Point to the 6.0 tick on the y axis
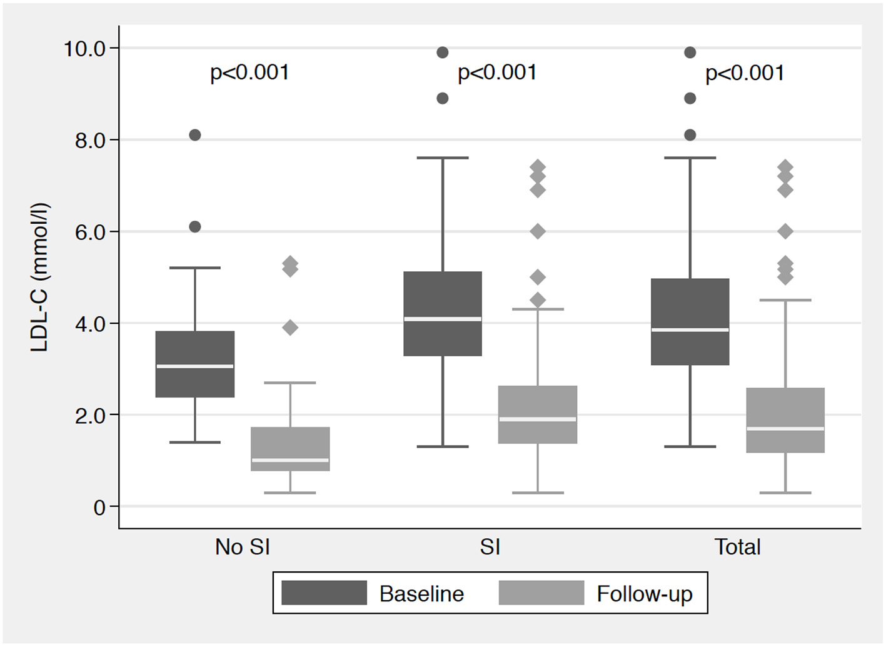pos(90,232)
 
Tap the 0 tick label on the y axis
pos(99,507)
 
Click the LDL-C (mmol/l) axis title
pos(39,278)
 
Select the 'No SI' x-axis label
pos(242,547)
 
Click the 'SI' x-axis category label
pos(490,547)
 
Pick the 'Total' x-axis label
pos(737,547)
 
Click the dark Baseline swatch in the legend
pos(324,593)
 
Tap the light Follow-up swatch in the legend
pos(541,593)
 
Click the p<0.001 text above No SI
pos(249,73)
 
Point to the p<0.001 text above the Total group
pos(745,73)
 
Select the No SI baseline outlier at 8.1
pos(195,135)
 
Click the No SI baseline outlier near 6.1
pos(195,227)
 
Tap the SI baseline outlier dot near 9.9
pos(443,53)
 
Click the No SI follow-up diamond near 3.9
pos(290,328)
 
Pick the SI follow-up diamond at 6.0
pos(538,231)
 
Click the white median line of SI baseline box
pos(443,319)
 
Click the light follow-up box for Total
pos(785,406)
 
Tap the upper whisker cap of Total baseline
pos(690,158)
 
